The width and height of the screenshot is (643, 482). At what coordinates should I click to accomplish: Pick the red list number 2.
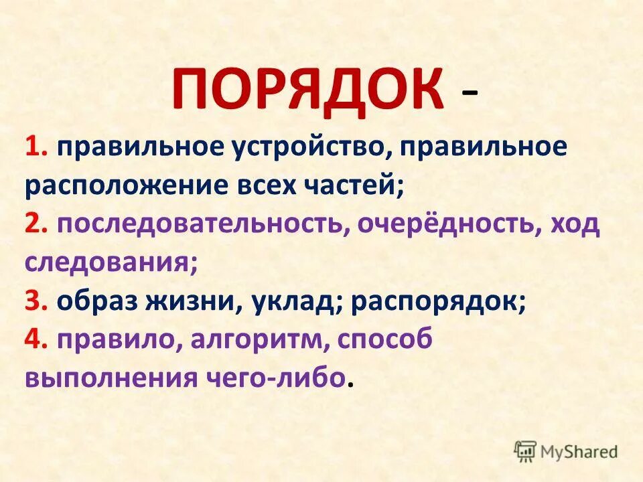click(34, 224)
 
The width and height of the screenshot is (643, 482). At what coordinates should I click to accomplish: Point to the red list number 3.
click(34, 301)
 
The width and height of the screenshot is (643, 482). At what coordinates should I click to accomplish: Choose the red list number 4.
click(35, 339)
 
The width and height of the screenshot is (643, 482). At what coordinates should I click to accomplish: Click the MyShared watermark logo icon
click(525, 451)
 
